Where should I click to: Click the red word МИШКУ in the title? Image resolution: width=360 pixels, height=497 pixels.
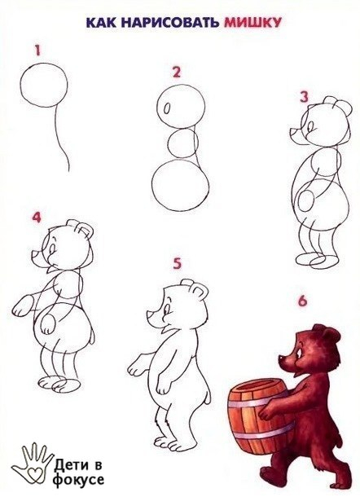pyautogui.click(x=252, y=22)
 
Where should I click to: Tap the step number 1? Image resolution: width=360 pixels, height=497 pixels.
pyautogui.click(x=38, y=51)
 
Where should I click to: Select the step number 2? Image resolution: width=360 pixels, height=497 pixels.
pyautogui.click(x=177, y=72)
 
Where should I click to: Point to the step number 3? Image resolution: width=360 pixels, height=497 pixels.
pyautogui.click(x=305, y=97)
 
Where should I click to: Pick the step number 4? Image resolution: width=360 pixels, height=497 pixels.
pyautogui.click(x=37, y=217)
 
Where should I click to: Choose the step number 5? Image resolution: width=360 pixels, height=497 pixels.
pyautogui.click(x=177, y=264)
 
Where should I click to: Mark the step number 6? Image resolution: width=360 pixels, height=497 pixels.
pyautogui.click(x=303, y=301)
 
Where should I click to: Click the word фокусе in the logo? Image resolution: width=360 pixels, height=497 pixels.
pyautogui.click(x=78, y=479)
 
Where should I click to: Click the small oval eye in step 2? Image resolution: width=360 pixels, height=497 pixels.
pyautogui.click(x=167, y=108)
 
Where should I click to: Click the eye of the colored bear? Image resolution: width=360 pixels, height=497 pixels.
pyautogui.click(x=300, y=353)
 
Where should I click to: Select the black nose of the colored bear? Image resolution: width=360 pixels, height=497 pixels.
pyautogui.click(x=281, y=358)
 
